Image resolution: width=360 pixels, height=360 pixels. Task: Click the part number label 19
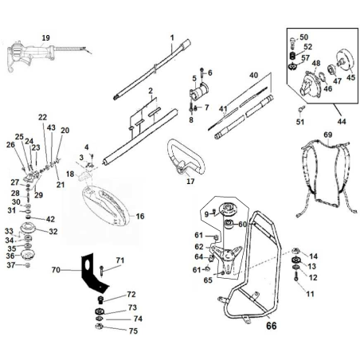click(45, 38)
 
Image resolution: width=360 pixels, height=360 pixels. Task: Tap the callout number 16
click(140, 216)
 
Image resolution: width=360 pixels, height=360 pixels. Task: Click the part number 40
click(254, 75)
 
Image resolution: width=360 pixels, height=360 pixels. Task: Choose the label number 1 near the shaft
click(171, 37)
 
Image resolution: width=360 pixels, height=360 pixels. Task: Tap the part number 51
click(299, 122)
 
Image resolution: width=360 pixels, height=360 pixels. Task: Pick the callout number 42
click(49, 219)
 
